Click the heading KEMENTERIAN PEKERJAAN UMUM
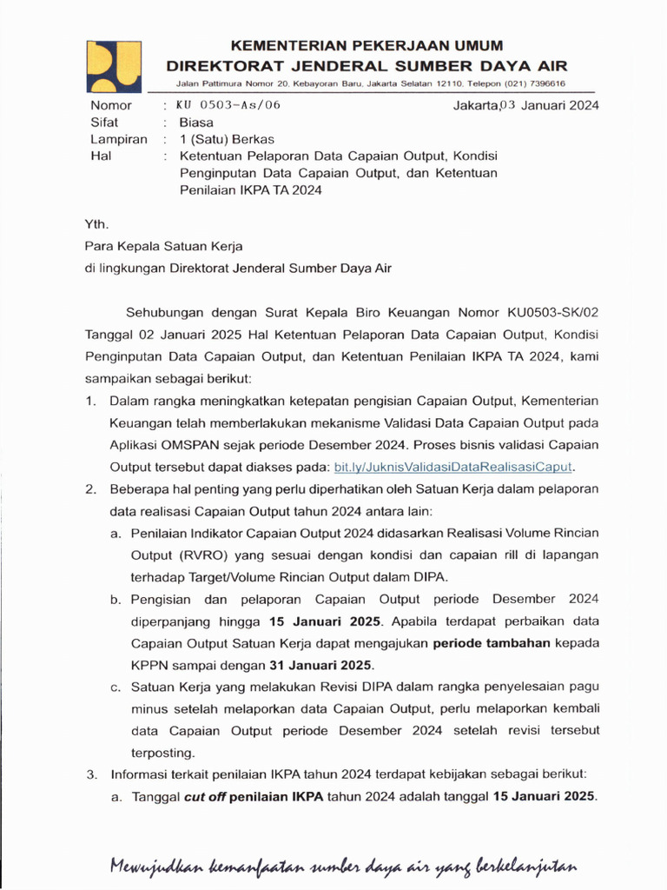366,45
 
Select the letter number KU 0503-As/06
228,106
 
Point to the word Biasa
196,123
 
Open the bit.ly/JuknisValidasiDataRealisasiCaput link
453,467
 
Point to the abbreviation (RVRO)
201,555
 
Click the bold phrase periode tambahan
492,644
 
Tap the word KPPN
149,666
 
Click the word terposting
162,752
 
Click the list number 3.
90,774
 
